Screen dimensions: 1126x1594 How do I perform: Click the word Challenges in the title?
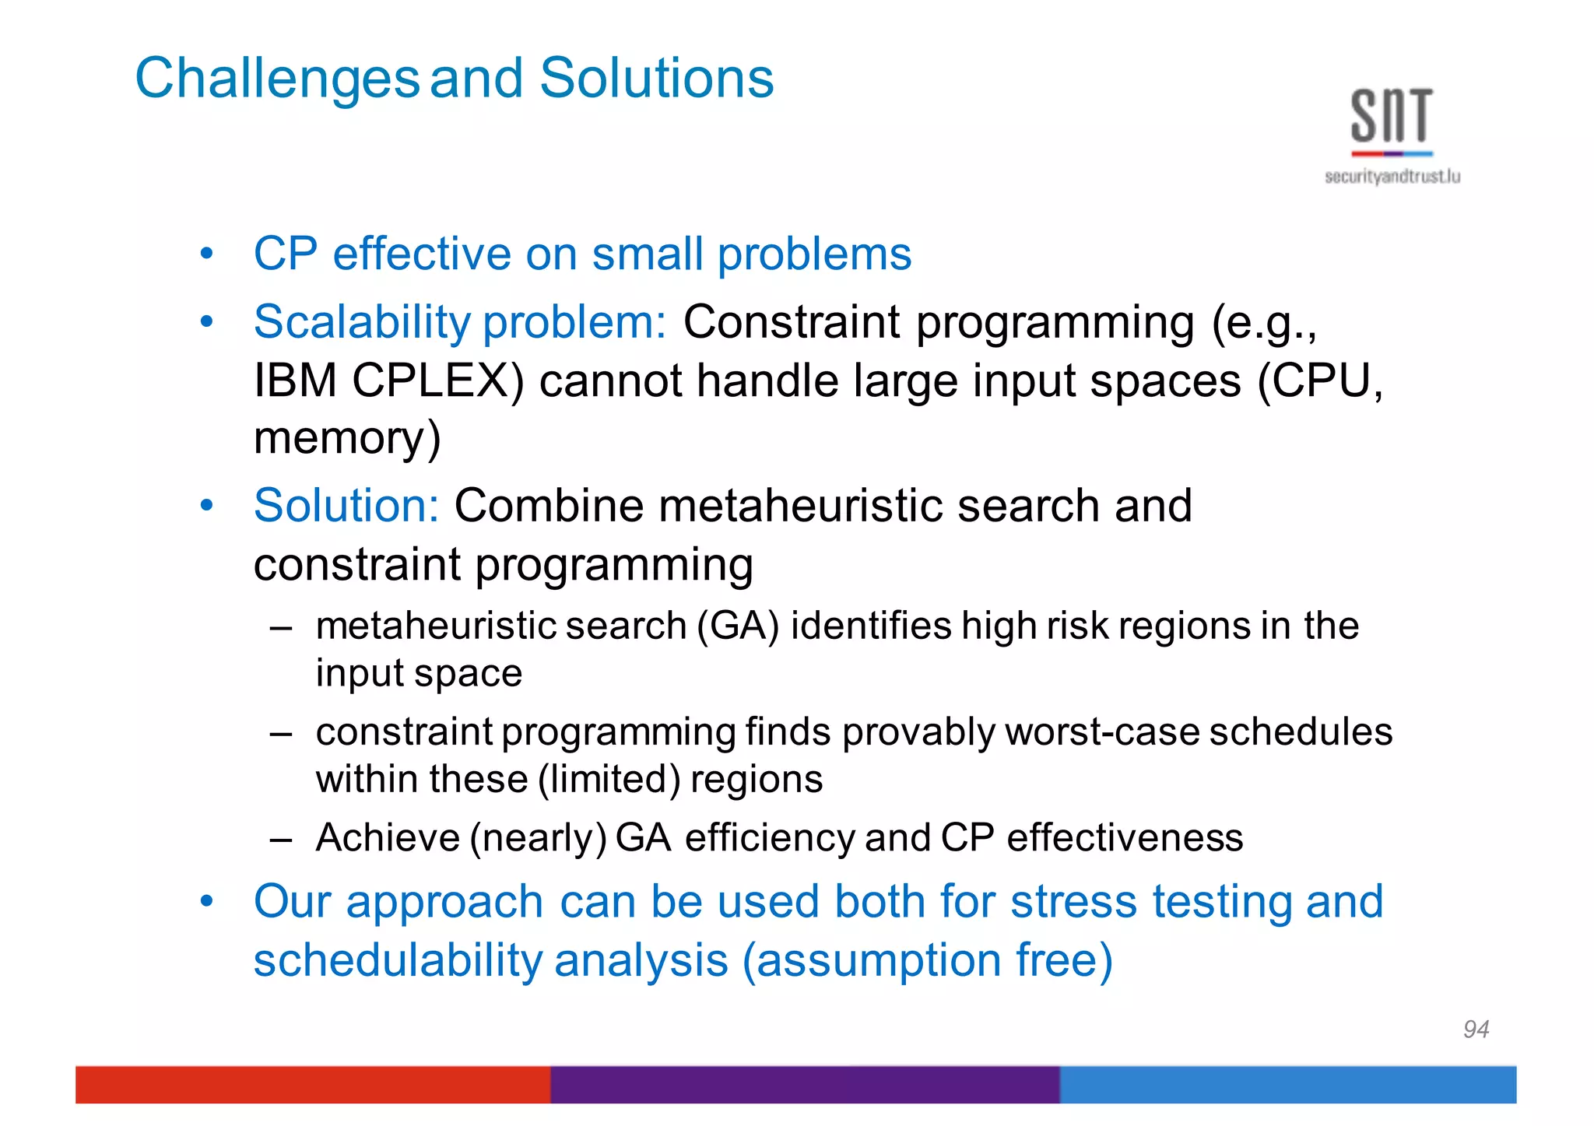click(277, 79)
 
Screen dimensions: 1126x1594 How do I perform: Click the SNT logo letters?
click(1391, 117)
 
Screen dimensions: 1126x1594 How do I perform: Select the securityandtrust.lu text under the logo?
click(1392, 177)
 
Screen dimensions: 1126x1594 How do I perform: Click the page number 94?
click(1476, 1030)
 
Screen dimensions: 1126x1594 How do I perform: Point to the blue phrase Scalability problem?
click(460, 321)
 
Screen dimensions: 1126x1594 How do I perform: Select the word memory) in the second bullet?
click(347, 437)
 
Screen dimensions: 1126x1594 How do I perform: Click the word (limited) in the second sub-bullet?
click(609, 779)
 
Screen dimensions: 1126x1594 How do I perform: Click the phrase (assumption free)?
click(927, 959)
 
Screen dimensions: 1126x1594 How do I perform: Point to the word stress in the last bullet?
click(1073, 901)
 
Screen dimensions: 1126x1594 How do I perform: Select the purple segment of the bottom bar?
click(805, 1084)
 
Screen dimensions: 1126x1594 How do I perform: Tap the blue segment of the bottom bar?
click(1287, 1084)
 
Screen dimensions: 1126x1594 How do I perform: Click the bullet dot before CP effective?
click(206, 254)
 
